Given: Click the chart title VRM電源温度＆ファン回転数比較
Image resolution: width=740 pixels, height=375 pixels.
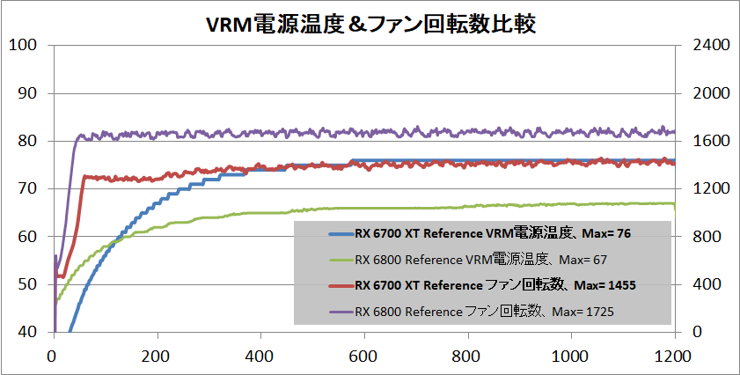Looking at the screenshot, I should pos(370,22).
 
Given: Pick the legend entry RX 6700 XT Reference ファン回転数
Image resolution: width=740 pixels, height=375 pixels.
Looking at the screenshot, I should pos(495,285).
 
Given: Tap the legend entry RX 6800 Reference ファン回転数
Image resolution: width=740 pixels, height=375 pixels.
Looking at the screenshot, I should pos(484,311).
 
